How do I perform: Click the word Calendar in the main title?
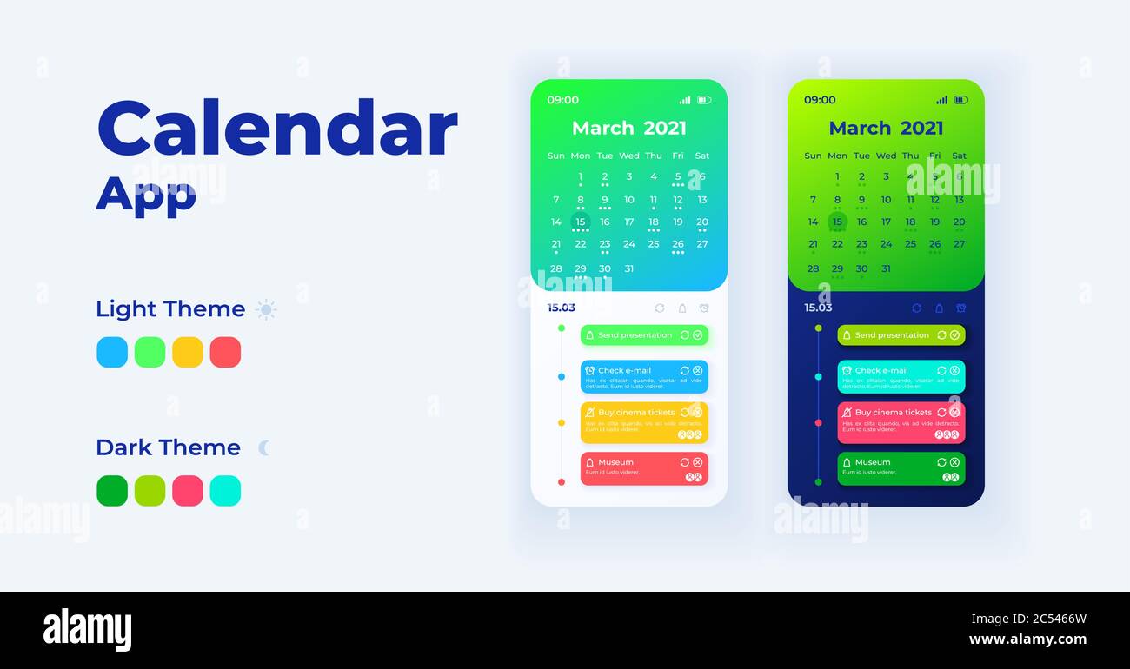pyautogui.click(x=276, y=129)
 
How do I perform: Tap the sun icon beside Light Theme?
pyautogui.click(x=266, y=309)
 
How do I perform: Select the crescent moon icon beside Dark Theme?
pyautogui.click(x=264, y=447)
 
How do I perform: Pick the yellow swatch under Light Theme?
pyautogui.click(x=188, y=352)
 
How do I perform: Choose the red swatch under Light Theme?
pyautogui.click(x=225, y=352)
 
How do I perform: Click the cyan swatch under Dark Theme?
pyautogui.click(x=225, y=491)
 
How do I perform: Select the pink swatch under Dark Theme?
pyautogui.click(x=188, y=491)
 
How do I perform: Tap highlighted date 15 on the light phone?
pyautogui.click(x=581, y=222)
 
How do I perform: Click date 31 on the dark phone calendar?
pyautogui.click(x=886, y=268)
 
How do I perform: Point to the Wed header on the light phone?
pyautogui.click(x=629, y=156)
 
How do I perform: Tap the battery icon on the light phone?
pyautogui.click(x=704, y=100)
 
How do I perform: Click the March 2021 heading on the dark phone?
pyautogui.click(x=886, y=129)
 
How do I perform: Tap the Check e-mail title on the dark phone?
pyautogui.click(x=881, y=370)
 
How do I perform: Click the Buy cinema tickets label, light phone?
pyautogui.click(x=635, y=413)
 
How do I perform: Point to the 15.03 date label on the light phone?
pyautogui.click(x=561, y=308)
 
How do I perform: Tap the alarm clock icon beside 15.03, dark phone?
pyautogui.click(x=960, y=308)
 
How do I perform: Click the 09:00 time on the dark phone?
pyautogui.click(x=820, y=100)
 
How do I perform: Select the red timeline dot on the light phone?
pyautogui.click(x=562, y=481)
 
